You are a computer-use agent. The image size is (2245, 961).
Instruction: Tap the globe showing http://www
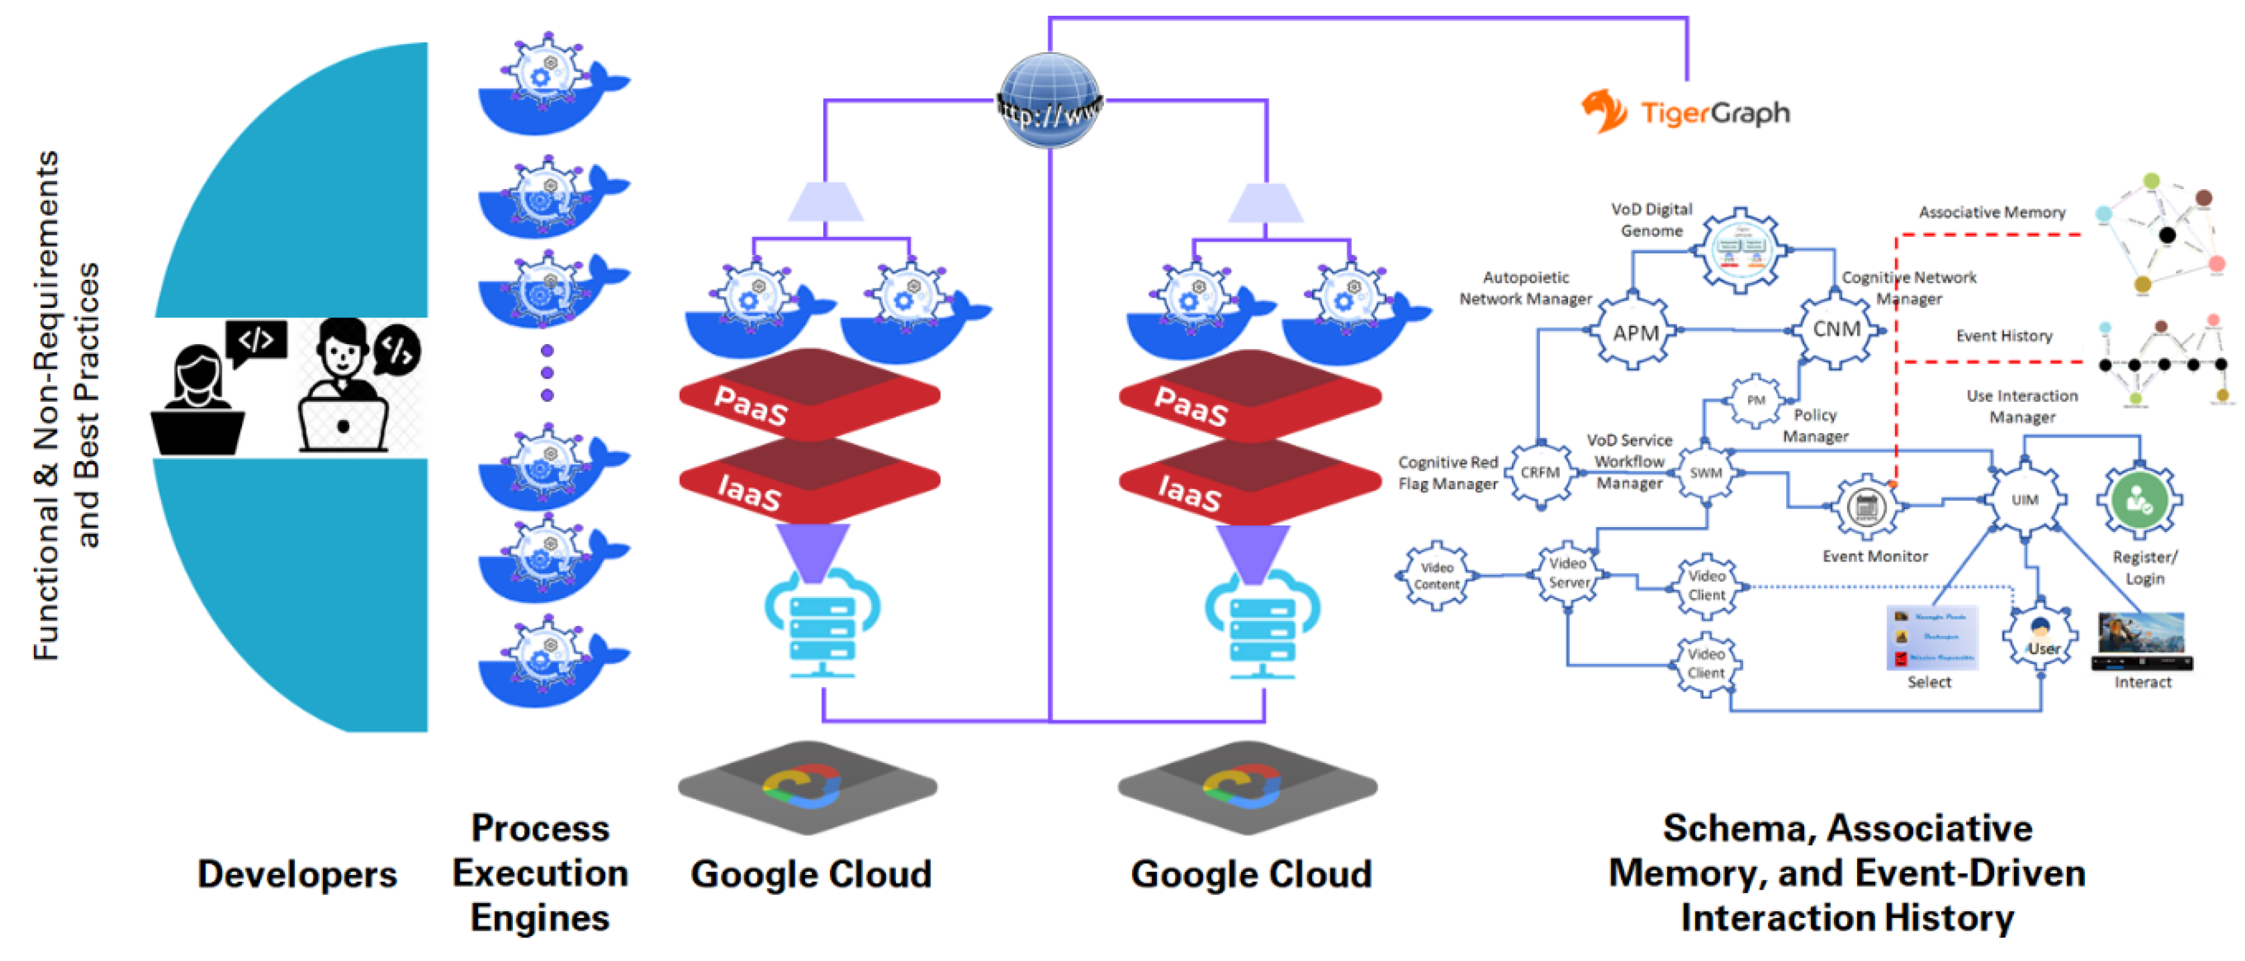[x=1049, y=99]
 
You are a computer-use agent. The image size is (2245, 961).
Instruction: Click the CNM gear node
[x=1836, y=330]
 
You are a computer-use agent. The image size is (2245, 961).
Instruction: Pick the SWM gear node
[x=1705, y=473]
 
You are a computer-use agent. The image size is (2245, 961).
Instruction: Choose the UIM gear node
[x=2024, y=499]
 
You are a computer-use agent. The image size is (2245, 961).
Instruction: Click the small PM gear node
[x=1755, y=401]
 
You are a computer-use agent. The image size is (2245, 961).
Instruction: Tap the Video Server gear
[x=1569, y=573]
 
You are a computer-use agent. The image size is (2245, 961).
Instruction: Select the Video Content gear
[x=1436, y=576]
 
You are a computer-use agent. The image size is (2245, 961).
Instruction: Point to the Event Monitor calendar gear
[x=1866, y=506]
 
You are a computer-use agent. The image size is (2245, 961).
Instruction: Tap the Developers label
[x=297, y=874]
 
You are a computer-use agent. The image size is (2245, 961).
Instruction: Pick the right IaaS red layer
[x=1249, y=484]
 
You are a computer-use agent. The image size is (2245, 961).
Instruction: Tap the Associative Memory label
[x=1992, y=213]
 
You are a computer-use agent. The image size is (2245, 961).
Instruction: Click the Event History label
[x=2004, y=336]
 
